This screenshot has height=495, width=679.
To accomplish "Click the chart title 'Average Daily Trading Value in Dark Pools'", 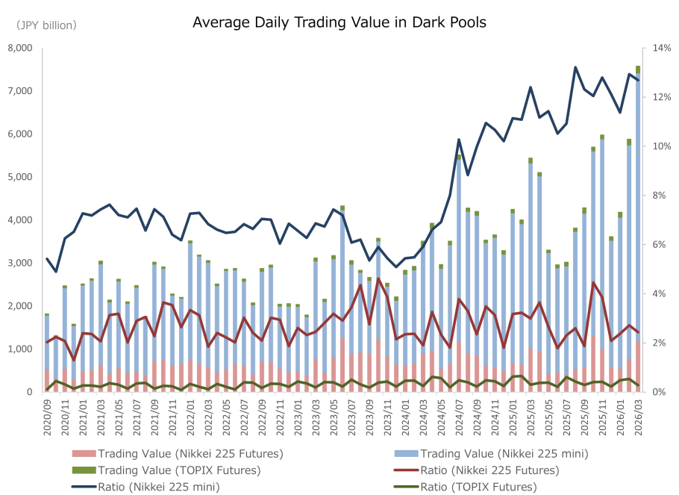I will click(339, 22).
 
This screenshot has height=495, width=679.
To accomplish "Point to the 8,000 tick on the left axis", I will click(20, 49).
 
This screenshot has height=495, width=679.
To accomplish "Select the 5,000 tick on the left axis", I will click(20, 177).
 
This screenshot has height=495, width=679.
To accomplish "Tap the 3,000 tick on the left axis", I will click(20, 263).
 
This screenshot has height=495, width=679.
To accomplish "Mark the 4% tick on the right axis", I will click(660, 293).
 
